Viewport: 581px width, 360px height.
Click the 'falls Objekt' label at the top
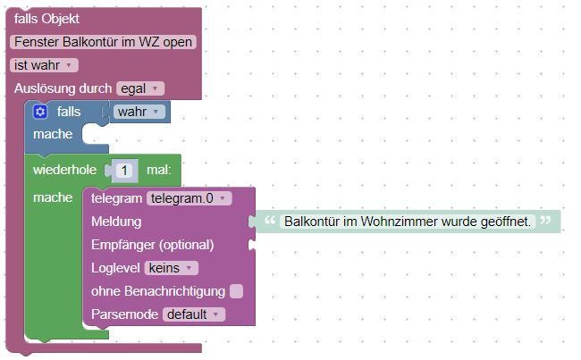pyautogui.click(x=46, y=19)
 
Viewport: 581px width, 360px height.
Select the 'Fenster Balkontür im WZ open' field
pyautogui.click(x=103, y=42)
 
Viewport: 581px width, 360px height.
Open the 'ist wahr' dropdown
pyautogui.click(x=44, y=65)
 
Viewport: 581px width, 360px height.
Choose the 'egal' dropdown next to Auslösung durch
pyautogui.click(x=140, y=88)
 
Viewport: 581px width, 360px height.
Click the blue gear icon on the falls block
pyautogui.click(x=40, y=112)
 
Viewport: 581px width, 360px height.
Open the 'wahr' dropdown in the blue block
pyautogui.click(x=139, y=112)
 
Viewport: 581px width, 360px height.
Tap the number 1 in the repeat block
pyautogui.click(x=124, y=171)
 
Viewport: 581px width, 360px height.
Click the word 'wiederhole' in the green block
pyautogui.click(x=65, y=170)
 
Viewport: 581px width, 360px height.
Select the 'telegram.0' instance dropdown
pyautogui.click(x=189, y=198)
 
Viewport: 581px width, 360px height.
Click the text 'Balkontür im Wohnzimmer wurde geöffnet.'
pyautogui.click(x=408, y=222)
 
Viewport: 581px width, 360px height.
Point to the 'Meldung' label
pyautogui.click(x=116, y=222)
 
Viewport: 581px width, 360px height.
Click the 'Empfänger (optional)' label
pyautogui.click(x=152, y=245)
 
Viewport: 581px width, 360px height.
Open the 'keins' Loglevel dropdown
pyautogui.click(x=172, y=268)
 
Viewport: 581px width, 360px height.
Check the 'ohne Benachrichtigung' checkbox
pyautogui.click(x=236, y=291)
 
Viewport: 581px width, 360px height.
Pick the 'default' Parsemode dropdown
pyautogui.click(x=194, y=314)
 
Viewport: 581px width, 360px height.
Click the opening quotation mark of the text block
pyautogui.click(x=270, y=221)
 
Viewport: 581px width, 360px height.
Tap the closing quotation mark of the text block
pyautogui.click(x=545, y=221)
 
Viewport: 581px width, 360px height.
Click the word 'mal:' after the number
pyautogui.click(x=159, y=170)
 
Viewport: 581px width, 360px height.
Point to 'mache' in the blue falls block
pyautogui.click(x=53, y=134)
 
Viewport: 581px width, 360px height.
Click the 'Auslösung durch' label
pyautogui.click(x=63, y=88)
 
